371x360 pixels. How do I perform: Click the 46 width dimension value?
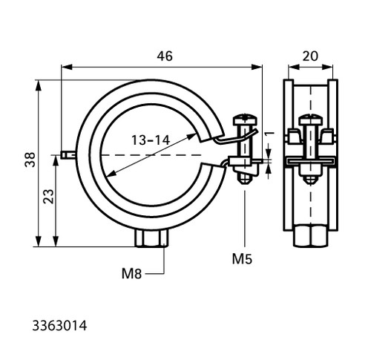coord(165,56)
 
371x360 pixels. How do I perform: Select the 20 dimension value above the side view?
coord(310,56)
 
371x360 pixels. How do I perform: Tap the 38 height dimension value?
coord(30,160)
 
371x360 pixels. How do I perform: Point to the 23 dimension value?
coord(48,196)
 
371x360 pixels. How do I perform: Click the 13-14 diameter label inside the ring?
coord(151,140)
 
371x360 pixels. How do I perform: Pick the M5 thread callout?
coord(242,259)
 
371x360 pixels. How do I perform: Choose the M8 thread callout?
coord(131,274)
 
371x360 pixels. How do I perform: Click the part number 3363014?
coord(59,326)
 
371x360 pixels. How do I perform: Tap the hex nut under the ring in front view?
coord(151,238)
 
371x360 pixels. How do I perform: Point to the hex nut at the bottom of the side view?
coord(310,235)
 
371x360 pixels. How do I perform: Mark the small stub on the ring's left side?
coord(68,155)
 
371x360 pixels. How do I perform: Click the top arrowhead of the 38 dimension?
coord(38,85)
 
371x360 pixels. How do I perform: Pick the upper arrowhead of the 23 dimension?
coord(56,161)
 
